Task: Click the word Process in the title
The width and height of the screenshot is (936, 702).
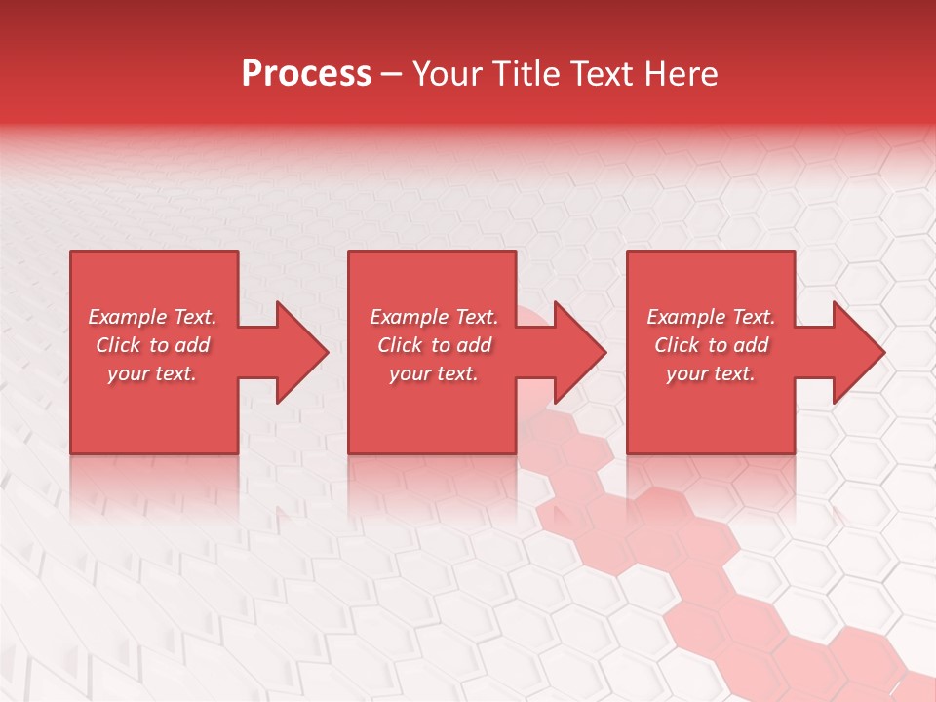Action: point(306,74)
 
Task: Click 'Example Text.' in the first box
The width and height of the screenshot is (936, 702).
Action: point(152,317)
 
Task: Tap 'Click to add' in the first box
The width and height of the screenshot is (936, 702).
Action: point(152,345)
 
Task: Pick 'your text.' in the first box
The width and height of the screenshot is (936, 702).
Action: point(152,373)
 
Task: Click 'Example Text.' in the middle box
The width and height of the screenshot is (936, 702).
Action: point(434,317)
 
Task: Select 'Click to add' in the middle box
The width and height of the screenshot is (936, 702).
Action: point(434,345)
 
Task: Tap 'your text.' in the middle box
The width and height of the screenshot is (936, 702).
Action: point(434,373)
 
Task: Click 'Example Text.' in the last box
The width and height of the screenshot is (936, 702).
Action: point(711,317)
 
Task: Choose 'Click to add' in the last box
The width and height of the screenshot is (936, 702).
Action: point(711,345)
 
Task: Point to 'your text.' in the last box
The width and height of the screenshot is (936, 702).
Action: point(711,373)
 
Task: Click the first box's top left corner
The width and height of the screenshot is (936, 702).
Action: point(72,253)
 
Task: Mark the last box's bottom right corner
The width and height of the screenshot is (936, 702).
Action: point(793,451)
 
